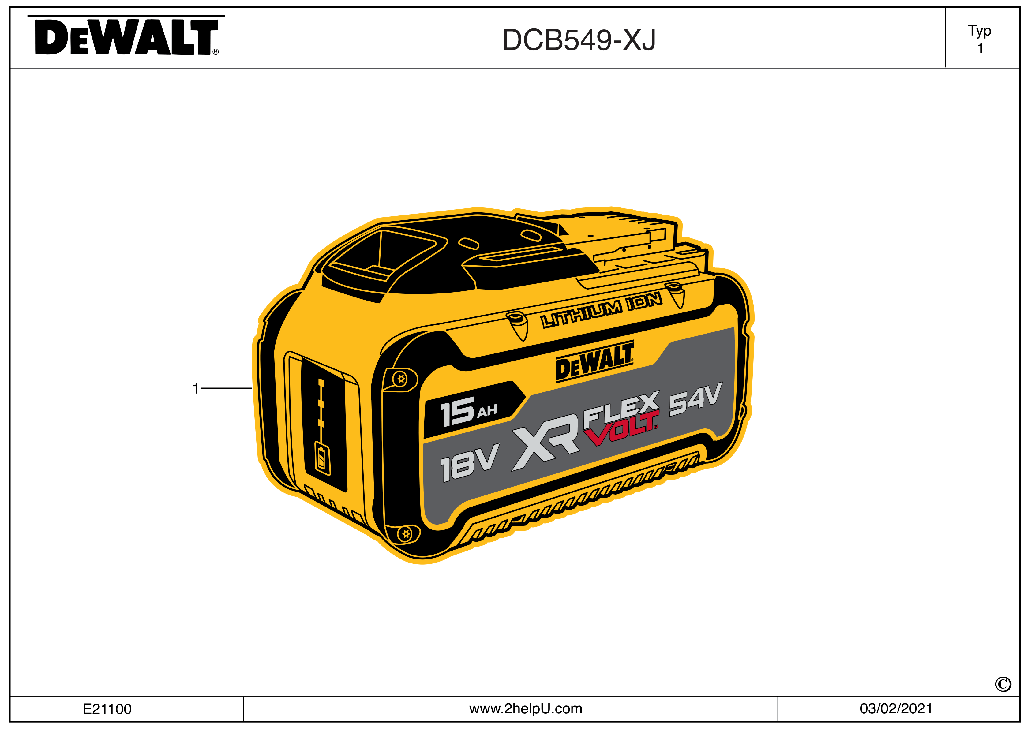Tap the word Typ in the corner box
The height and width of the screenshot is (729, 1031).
(x=979, y=31)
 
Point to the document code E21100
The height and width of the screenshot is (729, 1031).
(x=107, y=709)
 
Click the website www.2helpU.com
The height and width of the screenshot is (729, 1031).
(x=525, y=708)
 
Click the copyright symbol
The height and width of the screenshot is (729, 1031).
(x=1003, y=684)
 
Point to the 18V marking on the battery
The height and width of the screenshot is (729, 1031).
(x=469, y=463)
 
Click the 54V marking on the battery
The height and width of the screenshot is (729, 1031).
(x=695, y=398)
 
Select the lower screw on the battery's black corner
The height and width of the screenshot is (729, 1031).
(x=406, y=534)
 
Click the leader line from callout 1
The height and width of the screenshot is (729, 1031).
(x=226, y=388)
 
